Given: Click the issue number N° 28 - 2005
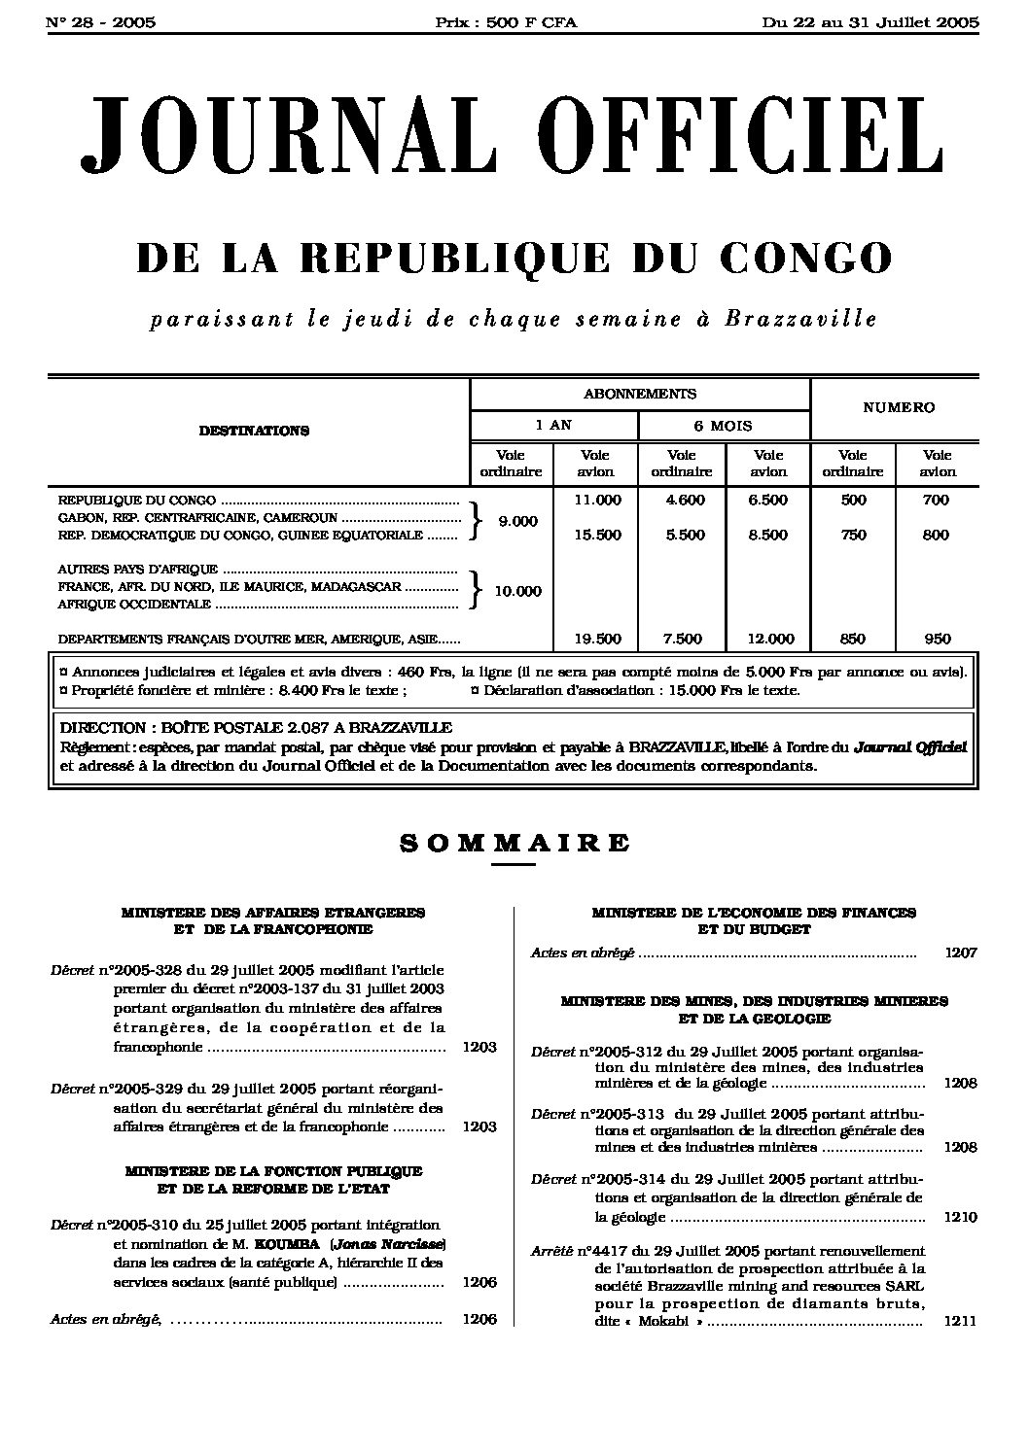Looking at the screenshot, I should pyautogui.click(x=101, y=22).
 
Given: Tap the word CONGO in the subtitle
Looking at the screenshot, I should pyautogui.click(x=805, y=258).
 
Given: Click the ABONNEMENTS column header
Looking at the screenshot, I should pyautogui.click(x=639, y=394).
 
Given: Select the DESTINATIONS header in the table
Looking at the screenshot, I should pyautogui.click(x=254, y=431).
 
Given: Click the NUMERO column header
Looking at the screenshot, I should pyautogui.click(x=898, y=407).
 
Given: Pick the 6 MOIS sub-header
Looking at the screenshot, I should pyautogui.click(x=724, y=426).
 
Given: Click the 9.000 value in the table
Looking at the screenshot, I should pyautogui.click(x=517, y=521).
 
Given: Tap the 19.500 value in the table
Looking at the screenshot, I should pyautogui.click(x=595, y=639).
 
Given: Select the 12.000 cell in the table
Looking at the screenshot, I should pyautogui.click(x=769, y=639).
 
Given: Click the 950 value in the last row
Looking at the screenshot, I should pyautogui.click(x=936, y=639).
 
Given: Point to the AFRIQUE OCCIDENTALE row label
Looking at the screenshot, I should pyautogui.click(x=135, y=604).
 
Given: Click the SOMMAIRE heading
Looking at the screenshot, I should pyautogui.click(x=514, y=843).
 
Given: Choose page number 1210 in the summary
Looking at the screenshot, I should pyautogui.click(x=960, y=1217).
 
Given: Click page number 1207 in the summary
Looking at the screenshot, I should pyautogui.click(x=960, y=953).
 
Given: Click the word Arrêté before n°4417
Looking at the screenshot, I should pyautogui.click(x=552, y=1251).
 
